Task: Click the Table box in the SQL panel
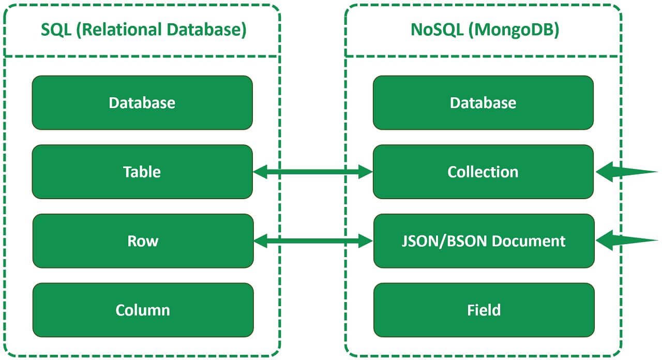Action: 142,172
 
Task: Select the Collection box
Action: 483,172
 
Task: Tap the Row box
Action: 143,241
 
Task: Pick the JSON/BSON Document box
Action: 484,241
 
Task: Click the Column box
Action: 143,310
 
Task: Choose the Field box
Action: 484,310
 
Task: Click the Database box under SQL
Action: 142,102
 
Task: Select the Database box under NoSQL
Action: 483,102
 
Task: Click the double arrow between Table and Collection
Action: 313,172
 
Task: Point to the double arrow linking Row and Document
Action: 313,240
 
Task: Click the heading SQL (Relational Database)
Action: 143,29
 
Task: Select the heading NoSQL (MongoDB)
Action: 485,29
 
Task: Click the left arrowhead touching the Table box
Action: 260,172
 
